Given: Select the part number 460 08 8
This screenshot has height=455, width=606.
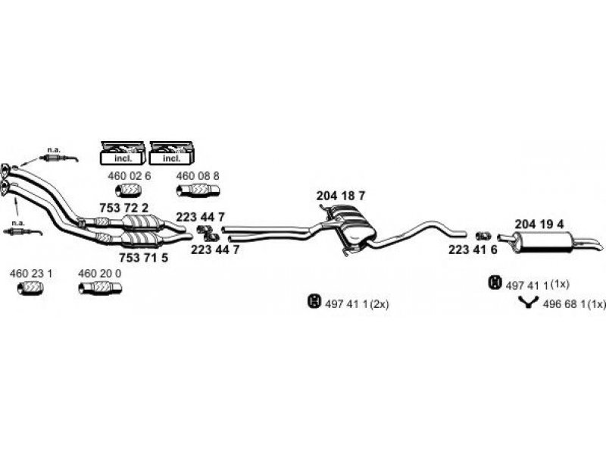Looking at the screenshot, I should (x=198, y=176).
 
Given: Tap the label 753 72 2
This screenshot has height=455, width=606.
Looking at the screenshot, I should (x=123, y=208).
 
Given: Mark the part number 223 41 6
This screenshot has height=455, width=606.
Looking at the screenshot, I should (x=473, y=249).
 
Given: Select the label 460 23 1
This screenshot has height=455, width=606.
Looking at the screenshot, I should (x=30, y=273).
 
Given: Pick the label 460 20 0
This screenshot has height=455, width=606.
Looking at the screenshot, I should (x=100, y=273).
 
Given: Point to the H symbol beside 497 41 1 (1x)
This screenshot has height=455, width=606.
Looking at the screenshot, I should (x=495, y=283).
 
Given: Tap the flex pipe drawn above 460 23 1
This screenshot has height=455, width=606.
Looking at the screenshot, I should (x=30, y=288).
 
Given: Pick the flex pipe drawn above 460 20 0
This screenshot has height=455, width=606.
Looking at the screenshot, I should (x=100, y=288).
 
